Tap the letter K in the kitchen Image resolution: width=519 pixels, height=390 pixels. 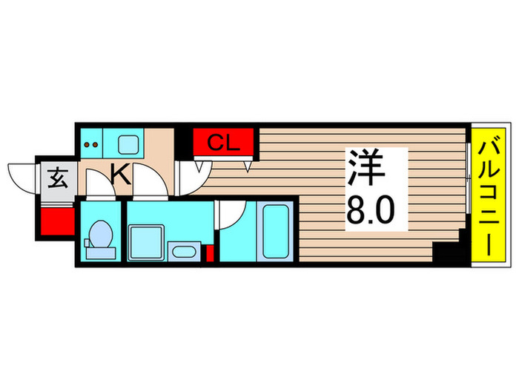tap(121, 175)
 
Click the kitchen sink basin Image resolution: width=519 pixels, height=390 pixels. tap(128, 143)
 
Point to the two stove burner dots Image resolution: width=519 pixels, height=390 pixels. tap(90, 143)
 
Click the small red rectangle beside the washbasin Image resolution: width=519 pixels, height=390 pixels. tap(209, 253)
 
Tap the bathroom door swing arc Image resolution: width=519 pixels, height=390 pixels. tap(230, 213)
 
